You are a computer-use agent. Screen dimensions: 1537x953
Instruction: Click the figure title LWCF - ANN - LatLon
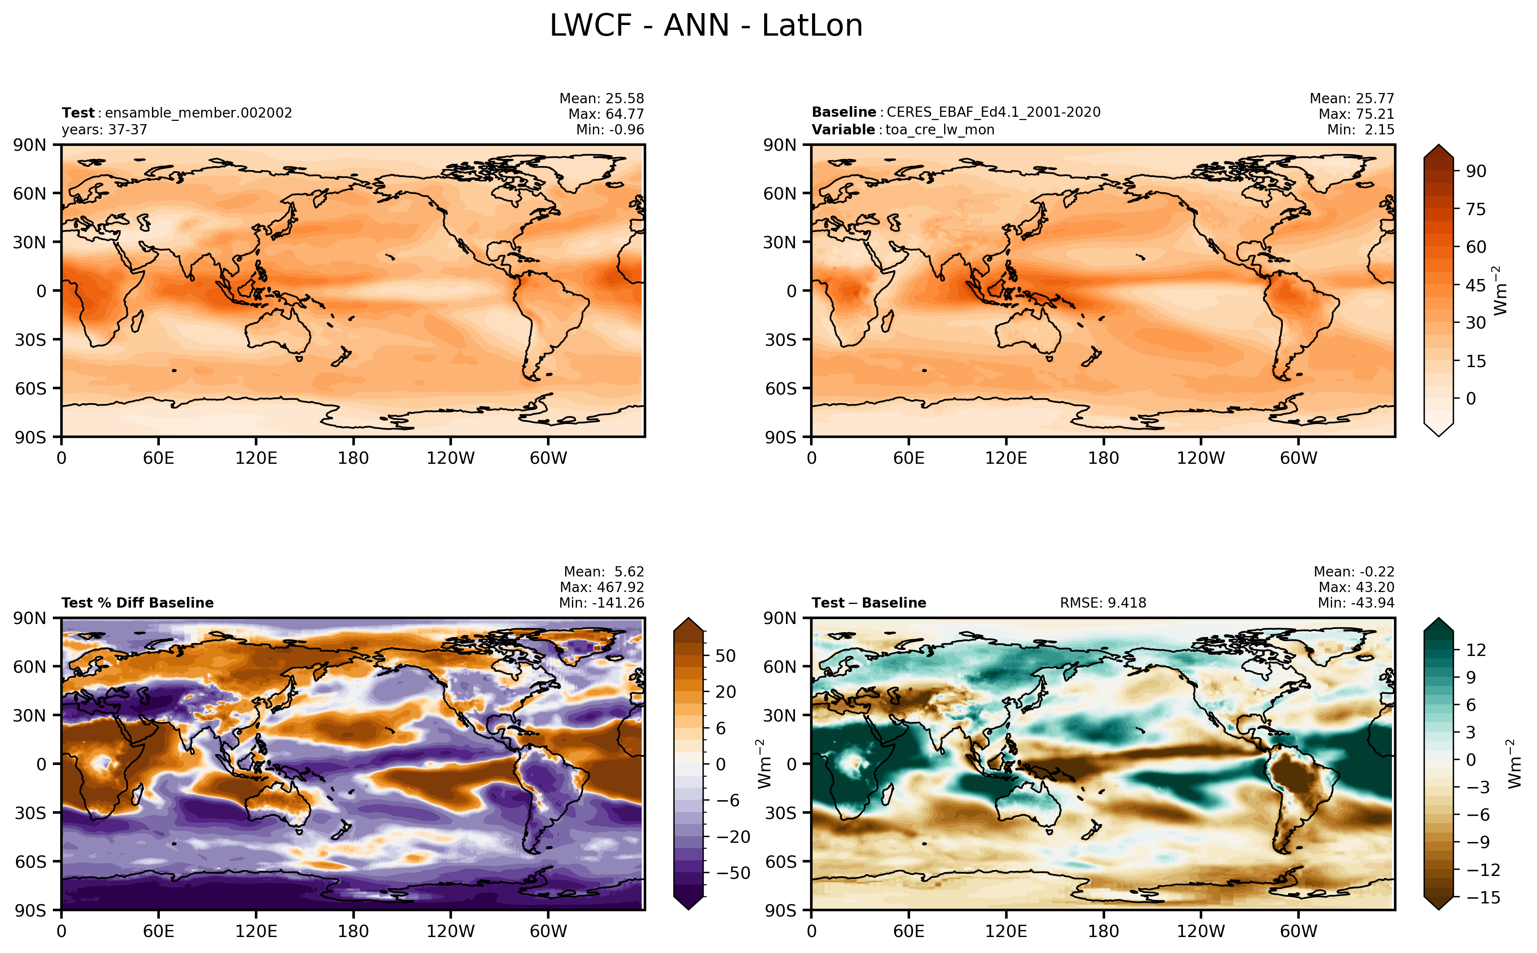pyautogui.click(x=706, y=26)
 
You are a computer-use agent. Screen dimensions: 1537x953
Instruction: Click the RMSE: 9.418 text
pyautogui.click(x=1103, y=603)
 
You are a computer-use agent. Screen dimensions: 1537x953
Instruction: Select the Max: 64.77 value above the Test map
pyautogui.click(x=606, y=114)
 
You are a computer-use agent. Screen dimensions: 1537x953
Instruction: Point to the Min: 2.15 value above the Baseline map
pyautogui.click(x=1360, y=130)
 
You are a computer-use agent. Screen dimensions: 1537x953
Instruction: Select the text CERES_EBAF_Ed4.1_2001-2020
pyautogui.click(x=993, y=112)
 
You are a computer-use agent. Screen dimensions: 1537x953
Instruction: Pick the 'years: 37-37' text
pyautogui.click(x=104, y=130)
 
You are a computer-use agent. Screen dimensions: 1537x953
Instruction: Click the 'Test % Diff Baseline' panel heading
pyautogui.click(x=137, y=603)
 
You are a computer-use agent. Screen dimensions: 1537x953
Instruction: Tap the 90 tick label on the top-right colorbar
pyautogui.click(x=1476, y=171)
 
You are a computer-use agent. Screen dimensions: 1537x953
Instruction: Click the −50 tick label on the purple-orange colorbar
pyautogui.click(x=733, y=873)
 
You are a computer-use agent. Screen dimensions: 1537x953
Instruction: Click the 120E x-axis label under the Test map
pyautogui.click(x=256, y=458)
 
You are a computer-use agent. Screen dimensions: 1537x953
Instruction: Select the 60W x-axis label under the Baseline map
pyautogui.click(x=1298, y=458)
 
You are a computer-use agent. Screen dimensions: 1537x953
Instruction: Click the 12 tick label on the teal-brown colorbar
pyautogui.click(x=1476, y=650)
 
